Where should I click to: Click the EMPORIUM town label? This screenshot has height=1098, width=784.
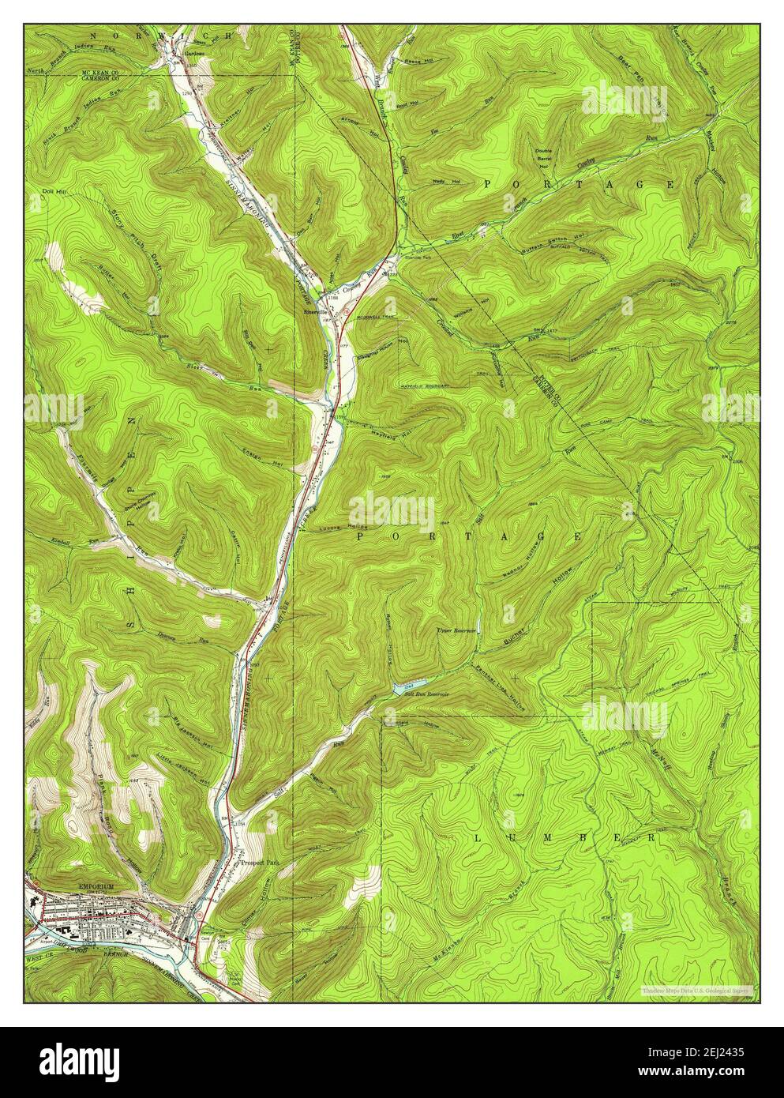92,886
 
